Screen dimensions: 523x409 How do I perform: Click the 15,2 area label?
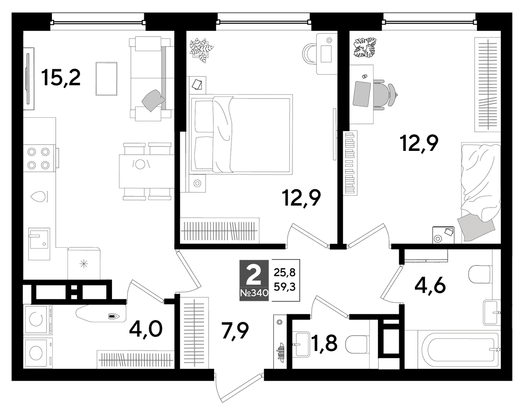click(x=61, y=78)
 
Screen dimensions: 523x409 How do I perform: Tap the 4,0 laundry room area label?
click(x=146, y=330)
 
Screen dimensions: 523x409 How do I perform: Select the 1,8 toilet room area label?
click(x=324, y=343)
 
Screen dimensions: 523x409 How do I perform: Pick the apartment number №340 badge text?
click(x=254, y=293)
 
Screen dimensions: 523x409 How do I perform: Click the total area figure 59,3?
click(x=285, y=287)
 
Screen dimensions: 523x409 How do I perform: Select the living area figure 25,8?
click(x=285, y=273)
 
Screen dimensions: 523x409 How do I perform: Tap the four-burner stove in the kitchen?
click(x=40, y=158)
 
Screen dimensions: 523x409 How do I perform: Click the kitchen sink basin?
click(x=39, y=244)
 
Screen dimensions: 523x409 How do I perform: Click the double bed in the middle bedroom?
click(x=241, y=134)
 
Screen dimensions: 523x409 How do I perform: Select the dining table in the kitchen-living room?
click(x=147, y=171)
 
